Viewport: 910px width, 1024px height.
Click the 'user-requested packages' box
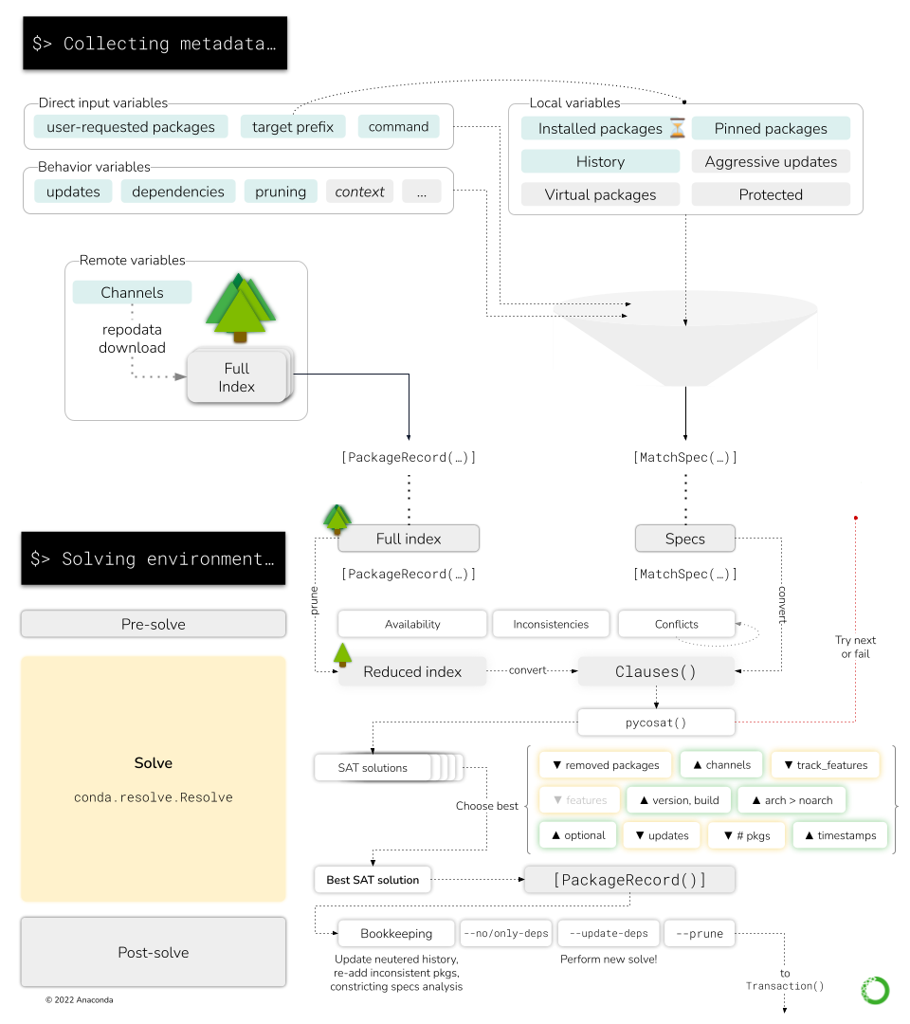pyautogui.click(x=131, y=127)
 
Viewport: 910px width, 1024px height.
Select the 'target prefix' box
pyautogui.click(x=293, y=127)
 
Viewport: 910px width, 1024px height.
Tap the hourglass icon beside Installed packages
pyautogui.click(x=677, y=128)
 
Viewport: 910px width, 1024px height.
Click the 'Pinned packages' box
pyautogui.click(x=771, y=129)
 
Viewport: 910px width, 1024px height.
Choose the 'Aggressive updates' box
pyautogui.click(x=771, y=162)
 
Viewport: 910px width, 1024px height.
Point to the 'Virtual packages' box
pyautogui.click(x=600, y=195)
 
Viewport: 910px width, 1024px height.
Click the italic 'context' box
pyautogui.click(x=359, y=192)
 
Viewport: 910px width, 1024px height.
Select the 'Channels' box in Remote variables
pyautogui.click(x=132, y=293)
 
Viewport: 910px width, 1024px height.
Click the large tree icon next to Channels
pyautogui.click(x=240, y=307)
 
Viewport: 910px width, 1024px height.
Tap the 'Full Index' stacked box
pyautogui.click(x=237, y=377)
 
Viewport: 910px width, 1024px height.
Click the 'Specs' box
pyautogui.click(x=684, y=539)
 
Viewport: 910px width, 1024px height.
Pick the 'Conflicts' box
pyautogui.click(x=676, y=624)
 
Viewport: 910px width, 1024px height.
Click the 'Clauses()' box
pyautogui.click(x=655, y=671)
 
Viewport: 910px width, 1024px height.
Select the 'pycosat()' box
pyautogui.click(x=655, y=722)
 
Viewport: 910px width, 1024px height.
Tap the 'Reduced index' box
pyautogui.click(x=412, y=671)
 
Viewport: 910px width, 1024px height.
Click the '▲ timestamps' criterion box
pyautogui.click(x=841, y=835)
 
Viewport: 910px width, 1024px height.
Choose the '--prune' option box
pyautogui.click(x=700, y=934)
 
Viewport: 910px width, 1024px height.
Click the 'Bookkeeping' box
pyautogui.click(x=396, y=934)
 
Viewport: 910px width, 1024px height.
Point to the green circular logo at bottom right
pyautogui.click(x=874, y=990)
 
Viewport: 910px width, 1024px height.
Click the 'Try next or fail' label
pyautogui.click(x=855, y=647)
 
